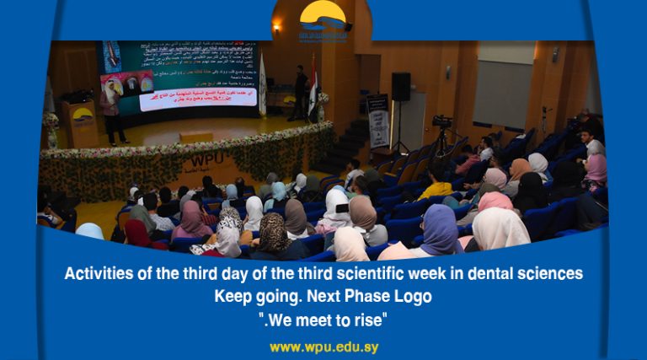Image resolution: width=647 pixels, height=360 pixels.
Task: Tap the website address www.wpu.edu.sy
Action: pyautogui.click(x=323, y=347)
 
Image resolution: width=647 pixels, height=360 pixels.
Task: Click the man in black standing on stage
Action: pyautogui.click(x=301, y=93)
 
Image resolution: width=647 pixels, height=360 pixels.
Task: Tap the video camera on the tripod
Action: pyautogui.click(x=442, y=121)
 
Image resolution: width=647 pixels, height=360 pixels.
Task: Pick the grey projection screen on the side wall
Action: pyautogui.click(x=502, y=93)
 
